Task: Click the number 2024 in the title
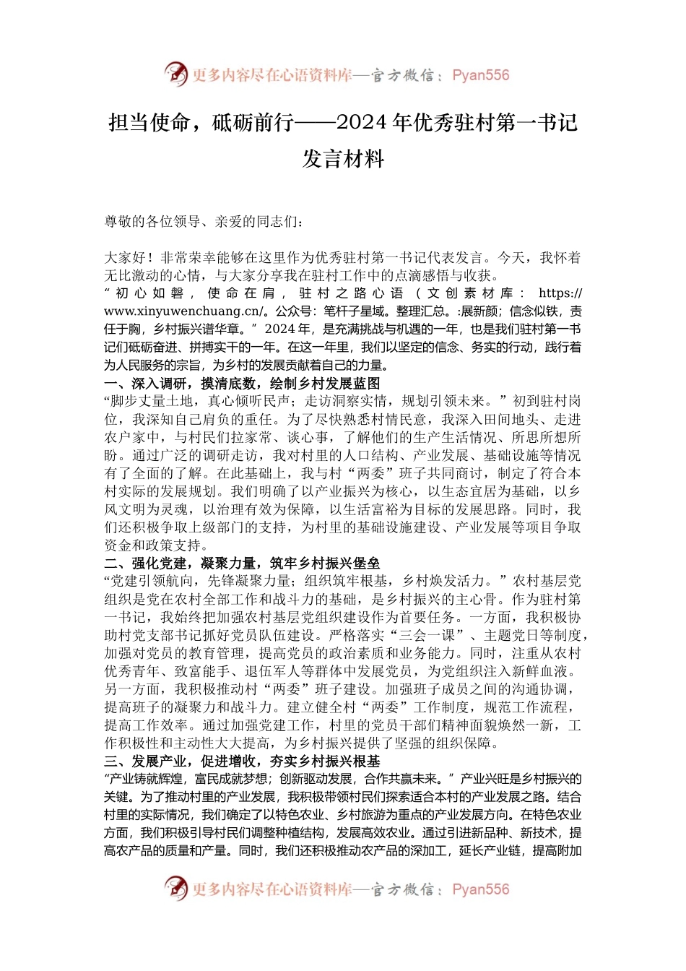362,122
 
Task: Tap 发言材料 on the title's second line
343,158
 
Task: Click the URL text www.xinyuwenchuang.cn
181,311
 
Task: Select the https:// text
560,293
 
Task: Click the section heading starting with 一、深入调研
242,384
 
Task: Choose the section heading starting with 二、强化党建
242,564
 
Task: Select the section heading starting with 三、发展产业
242,761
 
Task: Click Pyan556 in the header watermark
480,75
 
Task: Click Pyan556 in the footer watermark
480,889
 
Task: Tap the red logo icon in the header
175,74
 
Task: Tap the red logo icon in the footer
175,888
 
